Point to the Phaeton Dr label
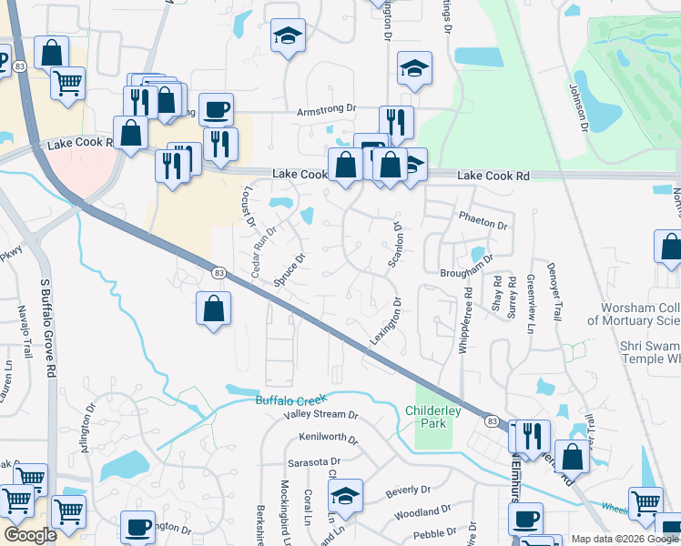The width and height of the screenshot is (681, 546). [x=483, y=221]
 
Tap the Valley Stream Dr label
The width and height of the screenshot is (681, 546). [x=321, y=415]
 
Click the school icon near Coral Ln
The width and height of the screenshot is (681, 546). [x=345, y=496]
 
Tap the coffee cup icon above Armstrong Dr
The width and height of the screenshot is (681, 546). [x=216, y=109]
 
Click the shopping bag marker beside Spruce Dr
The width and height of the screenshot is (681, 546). [x=212, y=308]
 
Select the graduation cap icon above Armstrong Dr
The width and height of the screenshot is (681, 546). [x=289, y=35]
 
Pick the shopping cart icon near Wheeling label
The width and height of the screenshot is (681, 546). [x=645, y=500]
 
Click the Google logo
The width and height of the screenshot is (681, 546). [x=31, y=535]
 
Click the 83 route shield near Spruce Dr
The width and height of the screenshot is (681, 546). [x=219, y=272]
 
